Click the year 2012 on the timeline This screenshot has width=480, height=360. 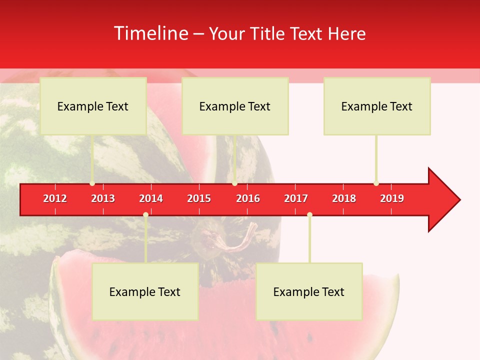[55, 198]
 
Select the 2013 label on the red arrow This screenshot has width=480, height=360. [103, 198]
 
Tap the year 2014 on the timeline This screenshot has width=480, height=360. [151, 198]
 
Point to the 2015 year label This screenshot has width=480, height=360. [199, 198]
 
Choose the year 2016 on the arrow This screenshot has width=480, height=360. [248, 198]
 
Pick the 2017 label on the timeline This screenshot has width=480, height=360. [296, 198]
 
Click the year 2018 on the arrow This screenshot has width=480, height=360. [344, 198]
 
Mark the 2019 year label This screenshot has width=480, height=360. [392, 198]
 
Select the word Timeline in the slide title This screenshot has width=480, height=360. [150, 33]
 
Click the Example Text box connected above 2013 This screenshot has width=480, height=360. [93, 106]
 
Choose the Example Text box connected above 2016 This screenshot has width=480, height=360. [235, 106]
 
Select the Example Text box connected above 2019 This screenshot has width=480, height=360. [377, 106]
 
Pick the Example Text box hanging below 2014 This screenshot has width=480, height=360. [145, 291]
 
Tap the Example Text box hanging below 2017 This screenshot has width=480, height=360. [309, 291]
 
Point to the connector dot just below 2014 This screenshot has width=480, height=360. [145, 214]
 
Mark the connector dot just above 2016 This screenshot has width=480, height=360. [234, 183]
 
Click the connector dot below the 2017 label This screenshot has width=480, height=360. [309, 214]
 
